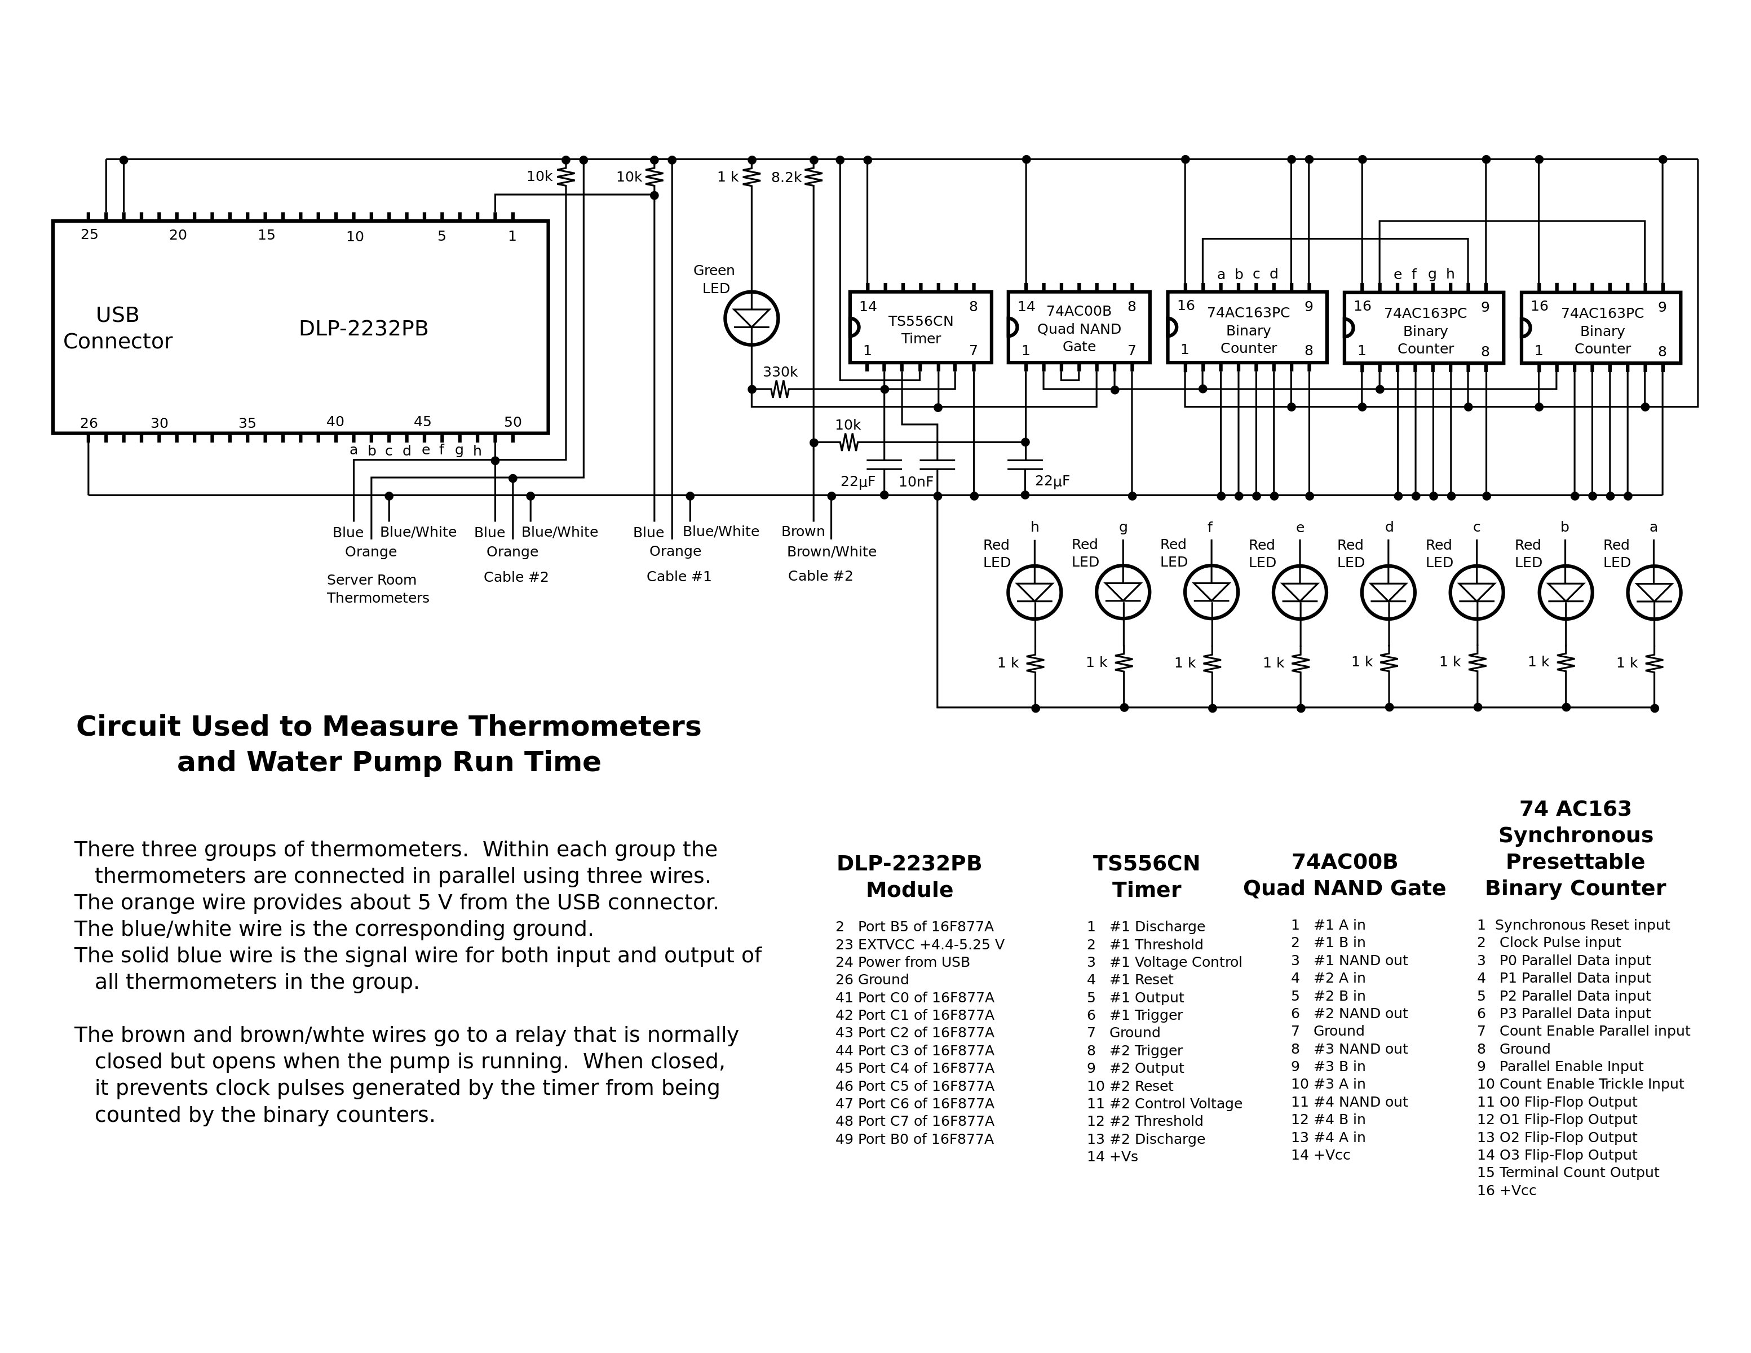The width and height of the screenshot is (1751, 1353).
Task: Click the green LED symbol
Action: point(751,318)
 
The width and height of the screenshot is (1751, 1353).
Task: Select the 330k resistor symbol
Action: point(780,390)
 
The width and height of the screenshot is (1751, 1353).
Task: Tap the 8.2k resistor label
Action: point(786,177)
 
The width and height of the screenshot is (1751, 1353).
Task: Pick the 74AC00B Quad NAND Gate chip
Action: point(1078,327)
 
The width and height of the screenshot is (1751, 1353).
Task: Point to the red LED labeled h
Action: point(1034,593)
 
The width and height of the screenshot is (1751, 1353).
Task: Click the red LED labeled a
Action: point(1654,593)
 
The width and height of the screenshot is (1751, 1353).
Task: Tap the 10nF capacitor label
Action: point(916,482)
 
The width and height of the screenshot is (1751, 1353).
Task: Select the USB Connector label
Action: point(118,328)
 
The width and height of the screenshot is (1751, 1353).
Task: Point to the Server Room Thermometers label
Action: point(378,589)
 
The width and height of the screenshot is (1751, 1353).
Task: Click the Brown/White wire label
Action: point(832,551)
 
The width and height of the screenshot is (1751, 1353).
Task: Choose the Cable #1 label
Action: point(679,576)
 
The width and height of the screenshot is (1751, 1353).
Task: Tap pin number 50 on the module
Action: point(513,422)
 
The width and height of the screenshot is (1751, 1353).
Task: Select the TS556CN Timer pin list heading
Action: point(1147,876)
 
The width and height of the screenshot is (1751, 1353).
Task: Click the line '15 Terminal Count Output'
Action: point(1567,1172)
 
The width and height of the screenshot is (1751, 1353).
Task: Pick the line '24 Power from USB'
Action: point(902,962)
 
